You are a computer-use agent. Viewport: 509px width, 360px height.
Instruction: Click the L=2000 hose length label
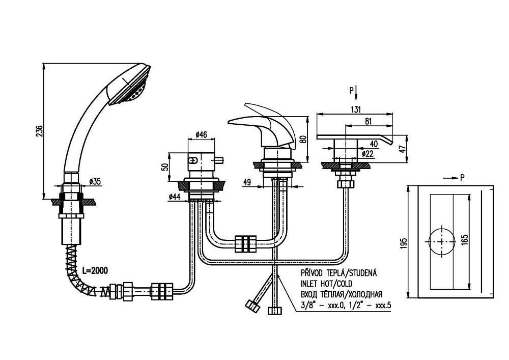94,269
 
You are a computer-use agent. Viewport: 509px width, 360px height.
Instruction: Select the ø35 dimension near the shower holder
95,181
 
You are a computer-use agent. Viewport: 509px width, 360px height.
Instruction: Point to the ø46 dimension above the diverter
201,135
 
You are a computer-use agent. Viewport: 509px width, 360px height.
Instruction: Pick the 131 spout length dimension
356,109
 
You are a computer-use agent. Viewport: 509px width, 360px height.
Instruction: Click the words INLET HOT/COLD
325,283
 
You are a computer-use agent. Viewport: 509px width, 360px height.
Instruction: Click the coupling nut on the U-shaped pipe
245,243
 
